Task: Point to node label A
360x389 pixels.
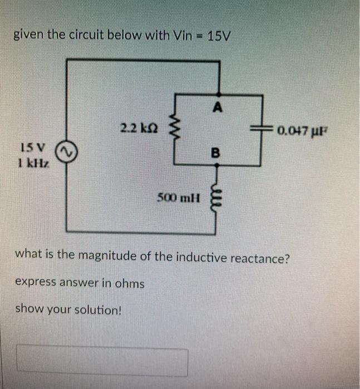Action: point(218,107)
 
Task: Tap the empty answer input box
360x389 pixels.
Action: point(102,361)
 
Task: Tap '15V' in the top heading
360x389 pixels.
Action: point(219,37)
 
